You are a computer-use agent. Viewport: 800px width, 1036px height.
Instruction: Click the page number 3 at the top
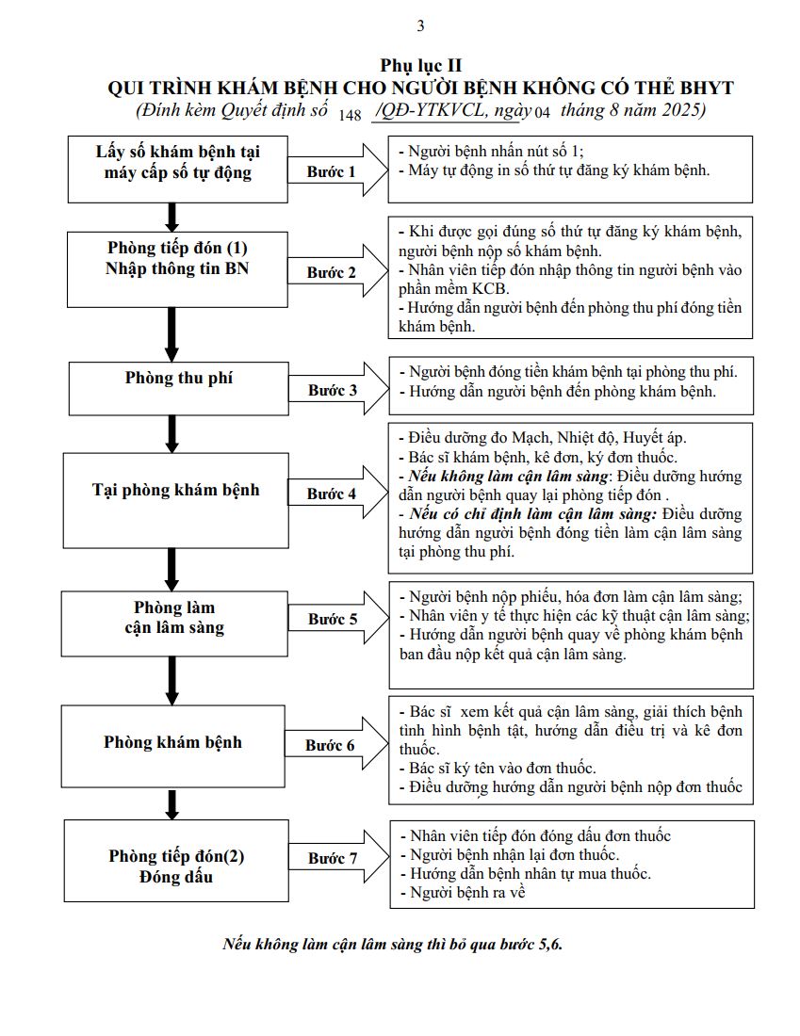click(420, 25)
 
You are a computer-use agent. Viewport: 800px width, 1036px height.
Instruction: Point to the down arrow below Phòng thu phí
click(171, 432)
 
